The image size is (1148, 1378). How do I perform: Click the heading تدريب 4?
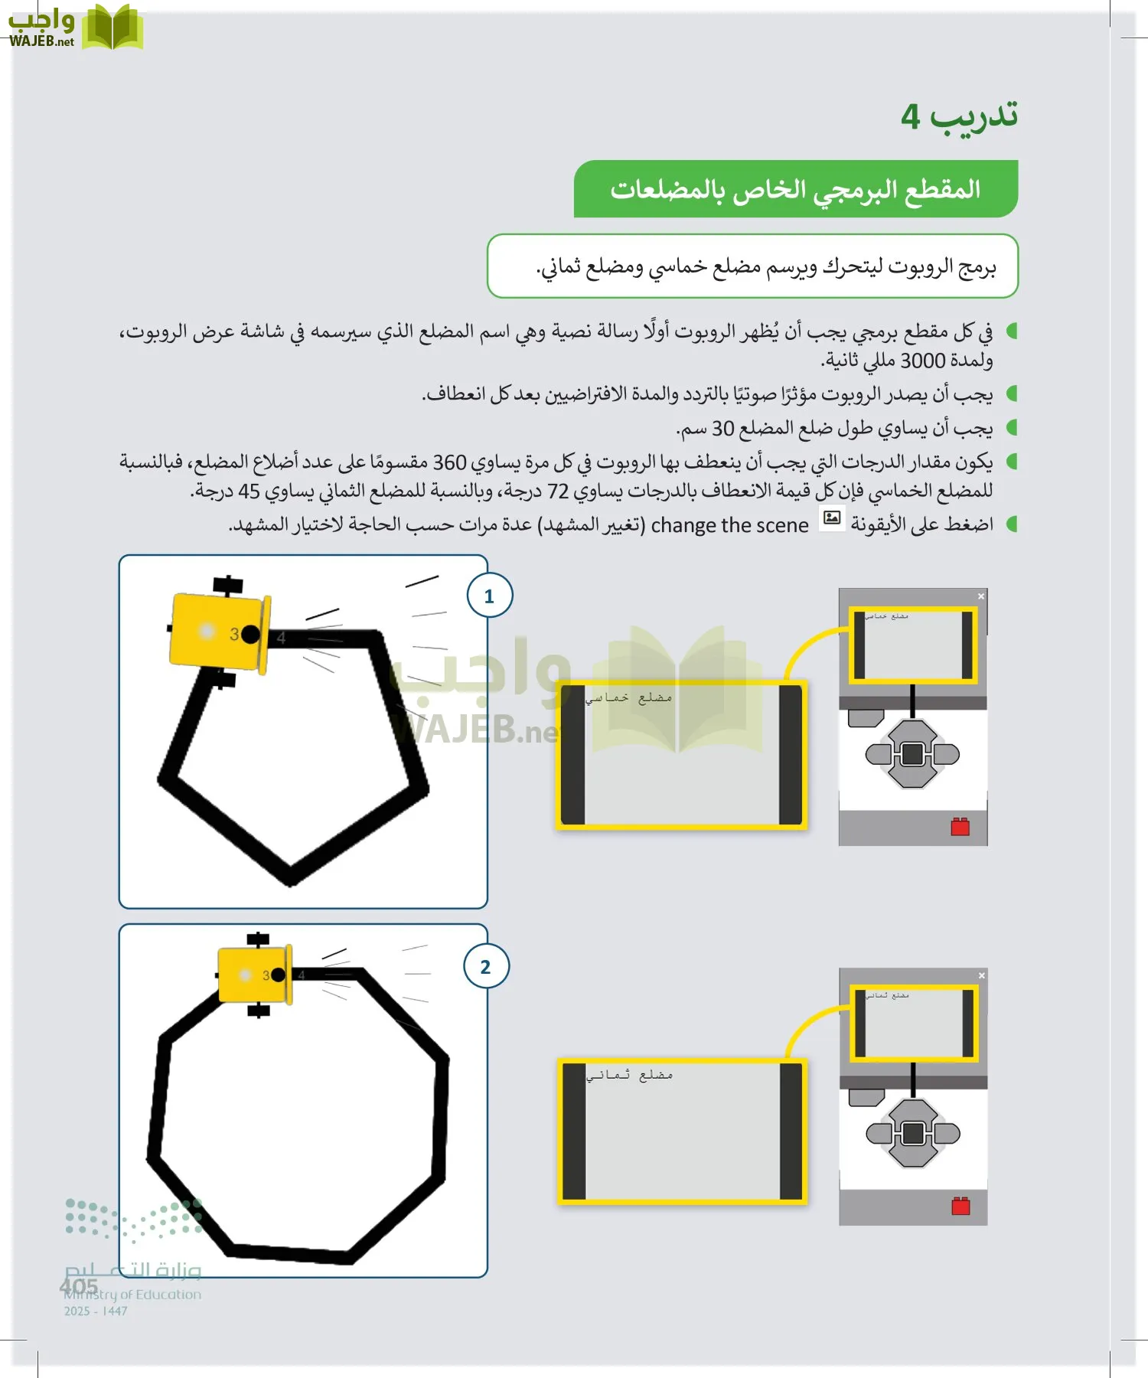click(x=959, y=116)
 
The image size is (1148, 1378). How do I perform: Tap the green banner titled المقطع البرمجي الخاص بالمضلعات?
click(x=795, y=189)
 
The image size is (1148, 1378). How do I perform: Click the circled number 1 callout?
click(x=489, y=596)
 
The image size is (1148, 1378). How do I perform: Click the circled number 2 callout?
click(x=485, y=966)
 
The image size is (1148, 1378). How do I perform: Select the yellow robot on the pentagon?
click(x=218, y=632)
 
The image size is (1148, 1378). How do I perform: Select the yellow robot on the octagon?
click(x=254, y=975)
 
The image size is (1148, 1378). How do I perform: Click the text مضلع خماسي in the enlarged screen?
click(x=628, y=697)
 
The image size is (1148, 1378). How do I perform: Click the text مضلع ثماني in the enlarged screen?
click(x=629, y=1075)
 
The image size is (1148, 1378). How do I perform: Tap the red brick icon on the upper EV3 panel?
click(x=960, y=827)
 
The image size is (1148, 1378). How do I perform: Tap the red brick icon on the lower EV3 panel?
click(x=960, y=1206)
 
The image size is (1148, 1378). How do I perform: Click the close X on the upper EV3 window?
click(x=981, y=596)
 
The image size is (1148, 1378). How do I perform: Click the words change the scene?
click(x=729, y=525)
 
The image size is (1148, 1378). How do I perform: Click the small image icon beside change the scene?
click(x=831, y=518)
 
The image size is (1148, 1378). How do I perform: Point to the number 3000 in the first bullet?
click(x=922, y=361)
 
